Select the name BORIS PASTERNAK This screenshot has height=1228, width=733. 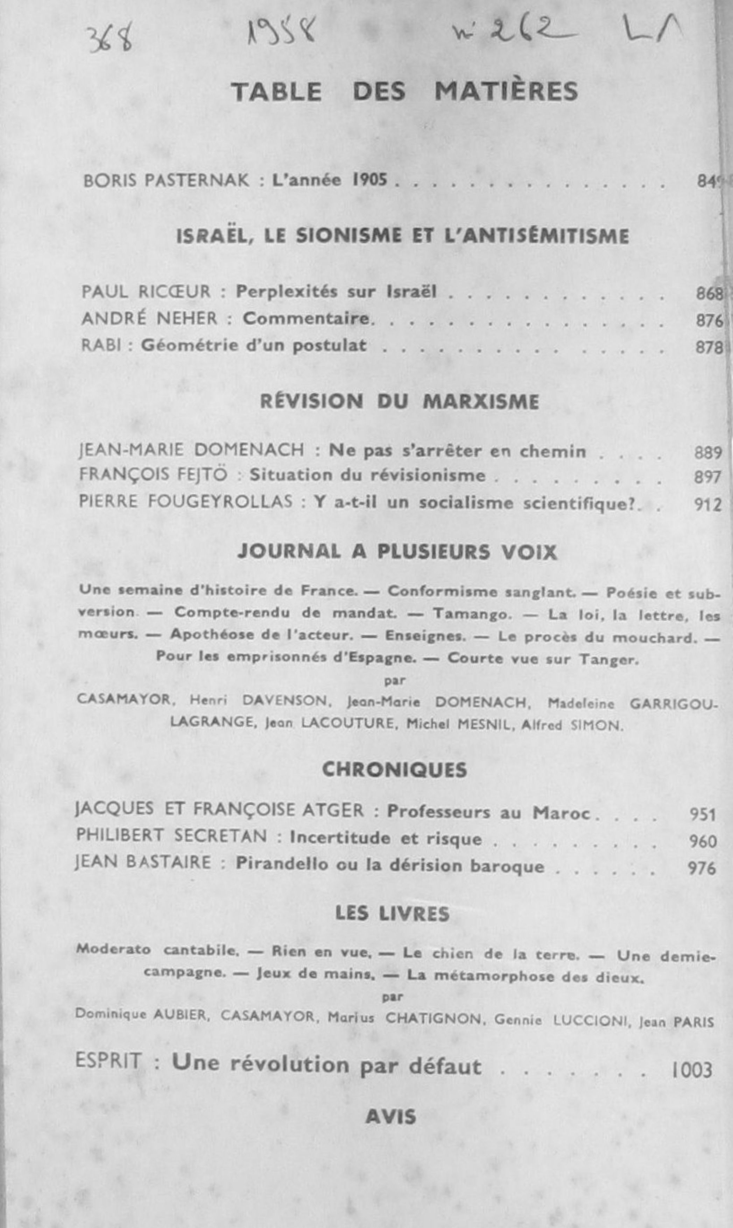[x=166, y=181]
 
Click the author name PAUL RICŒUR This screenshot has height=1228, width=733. [x=146, y=292]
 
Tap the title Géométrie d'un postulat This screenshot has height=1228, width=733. [x=254, y=345]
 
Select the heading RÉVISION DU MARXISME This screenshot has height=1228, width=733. [x=399, y=402]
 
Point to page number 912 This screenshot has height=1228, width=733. [x=708, y=505]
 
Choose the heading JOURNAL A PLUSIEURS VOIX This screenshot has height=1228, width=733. [x=397, y=552]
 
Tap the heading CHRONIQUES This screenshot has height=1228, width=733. [x=394, y=770]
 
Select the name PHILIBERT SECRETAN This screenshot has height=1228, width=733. [x=171, y=835]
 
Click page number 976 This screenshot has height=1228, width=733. [x=702, y=868]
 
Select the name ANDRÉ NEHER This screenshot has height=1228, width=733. [x=149, y=319]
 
